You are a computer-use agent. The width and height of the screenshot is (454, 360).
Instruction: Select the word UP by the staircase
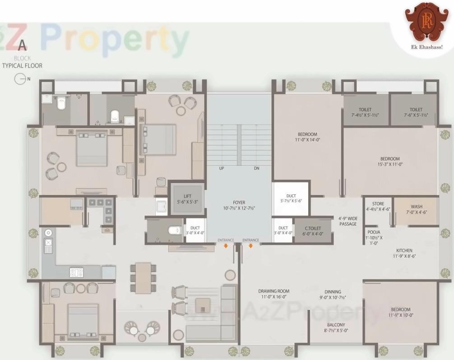pyautogui.click(x=221, y=168)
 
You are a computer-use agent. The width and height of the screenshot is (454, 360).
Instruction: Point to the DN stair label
pyautogui.click(x=256, y=168)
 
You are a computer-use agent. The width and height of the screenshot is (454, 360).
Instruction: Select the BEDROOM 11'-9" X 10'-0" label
pyautogui.click(x=401, y=312)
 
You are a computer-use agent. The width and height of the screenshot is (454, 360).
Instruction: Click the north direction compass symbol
pyautogui.click(x=20, y=79)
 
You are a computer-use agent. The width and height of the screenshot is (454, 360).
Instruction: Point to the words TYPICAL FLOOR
pyautogui.click(x=22, y=66)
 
